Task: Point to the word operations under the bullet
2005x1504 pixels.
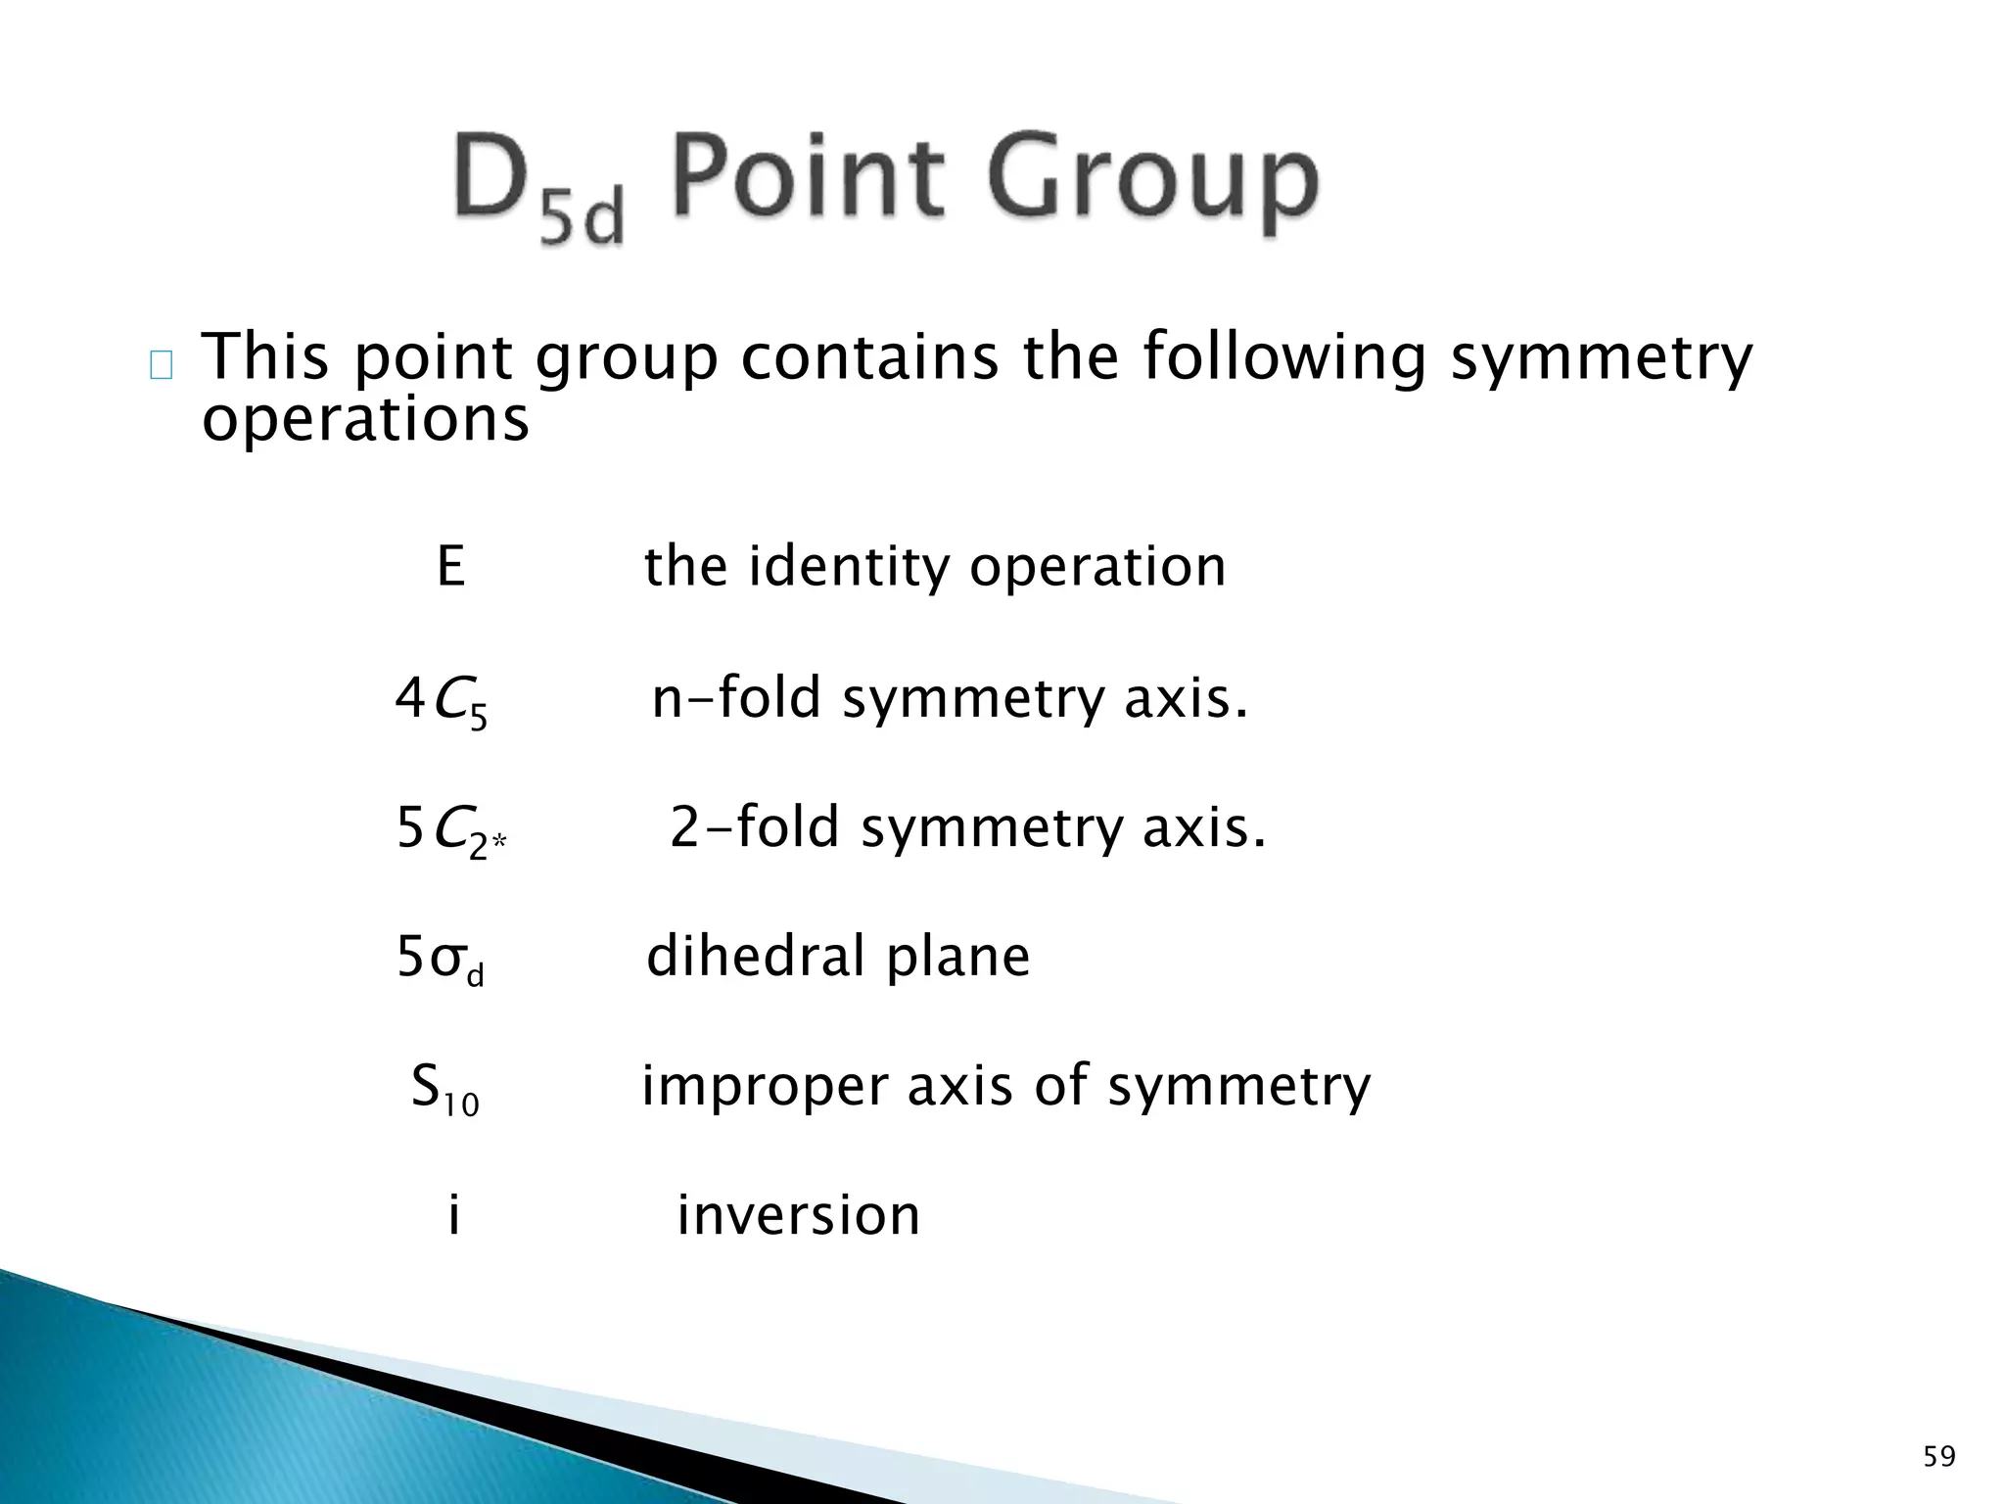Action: pos(365,420)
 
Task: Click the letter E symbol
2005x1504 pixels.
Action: pos(450,566)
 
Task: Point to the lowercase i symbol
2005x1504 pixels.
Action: pos(453,1215)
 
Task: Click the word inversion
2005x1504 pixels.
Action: pos(798,1215)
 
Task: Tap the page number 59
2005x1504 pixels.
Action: pos(1939,1457)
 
